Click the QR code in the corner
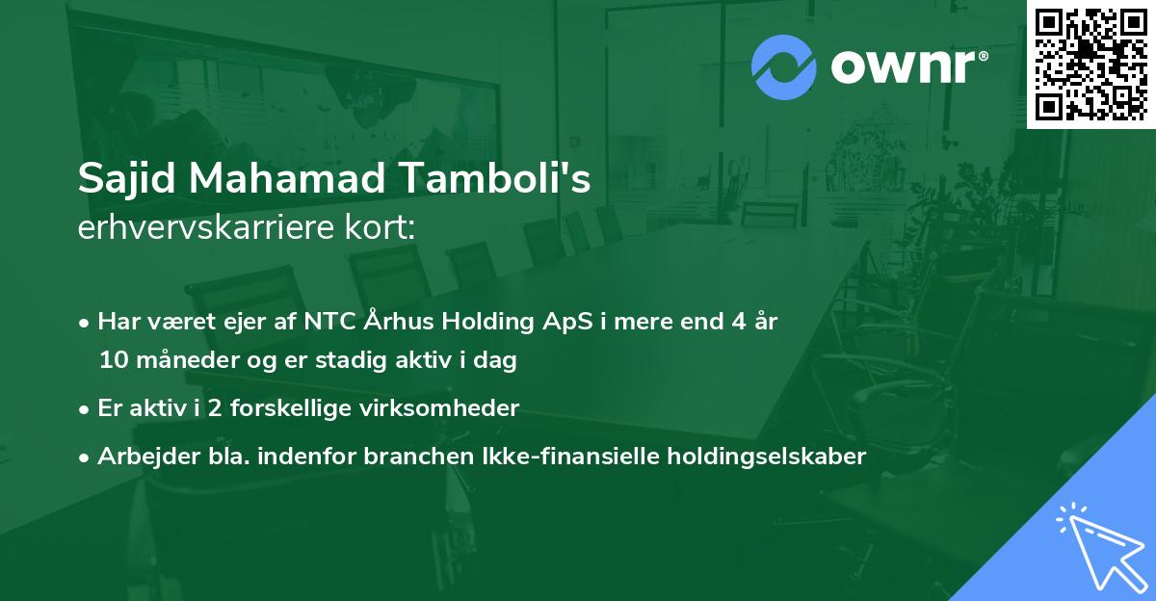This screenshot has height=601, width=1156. point(1091,65)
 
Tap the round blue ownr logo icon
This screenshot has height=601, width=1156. point(783,67)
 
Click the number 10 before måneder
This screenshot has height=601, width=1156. point(114,361)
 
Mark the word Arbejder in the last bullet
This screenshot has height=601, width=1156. point(142,456)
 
